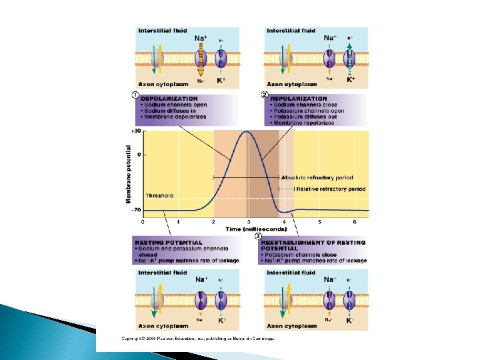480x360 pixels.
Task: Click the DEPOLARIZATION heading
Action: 169,99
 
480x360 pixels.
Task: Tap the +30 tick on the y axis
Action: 136,131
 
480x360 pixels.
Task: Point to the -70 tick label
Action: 136,210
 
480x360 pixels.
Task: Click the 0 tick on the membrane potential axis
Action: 139,155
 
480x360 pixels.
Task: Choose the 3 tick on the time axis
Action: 249,221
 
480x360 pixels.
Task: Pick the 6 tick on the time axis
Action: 355,221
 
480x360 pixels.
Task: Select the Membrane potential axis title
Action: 129,174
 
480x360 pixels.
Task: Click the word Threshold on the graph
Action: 160,196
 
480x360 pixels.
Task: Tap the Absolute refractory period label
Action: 317,178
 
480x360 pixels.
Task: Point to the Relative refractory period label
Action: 331,189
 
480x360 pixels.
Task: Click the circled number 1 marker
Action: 135,95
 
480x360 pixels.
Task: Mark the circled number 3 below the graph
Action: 259,235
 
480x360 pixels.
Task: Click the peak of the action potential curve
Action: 248,132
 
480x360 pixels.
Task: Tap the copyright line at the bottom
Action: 198,338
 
